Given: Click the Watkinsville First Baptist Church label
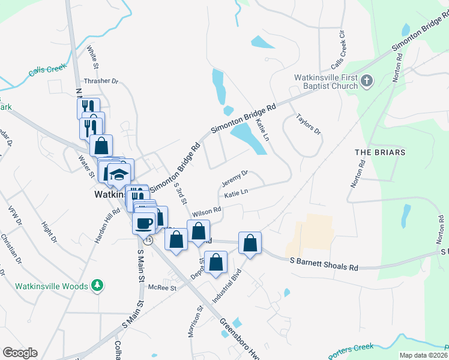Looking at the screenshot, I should [x=326, y=82].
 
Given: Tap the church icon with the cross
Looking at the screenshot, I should [x=368, y=80].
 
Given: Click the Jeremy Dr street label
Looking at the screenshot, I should [x=235, y=177].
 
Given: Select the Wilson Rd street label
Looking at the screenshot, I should [x=207, y=213].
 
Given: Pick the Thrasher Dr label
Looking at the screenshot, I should [x=102, y=80].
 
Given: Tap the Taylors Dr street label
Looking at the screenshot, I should [x=309, y=124].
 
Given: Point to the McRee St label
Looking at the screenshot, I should [x=163, y=288].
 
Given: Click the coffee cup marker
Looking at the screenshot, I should [x=143, y=223].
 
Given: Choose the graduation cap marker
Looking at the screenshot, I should [x=119, y=175].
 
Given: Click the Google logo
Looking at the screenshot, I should [x=20, y=353].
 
